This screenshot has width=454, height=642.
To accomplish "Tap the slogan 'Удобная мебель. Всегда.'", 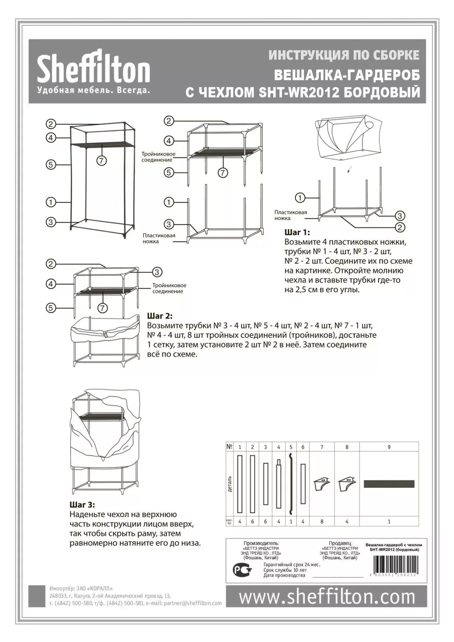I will click(94, 90).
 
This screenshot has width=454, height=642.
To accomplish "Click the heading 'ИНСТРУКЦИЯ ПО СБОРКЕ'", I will click(344, 55).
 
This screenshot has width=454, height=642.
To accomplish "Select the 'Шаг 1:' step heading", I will click(297, 233).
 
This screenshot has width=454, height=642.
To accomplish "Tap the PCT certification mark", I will click(242, 569).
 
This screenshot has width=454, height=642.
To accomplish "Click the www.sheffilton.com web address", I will click(327, 597).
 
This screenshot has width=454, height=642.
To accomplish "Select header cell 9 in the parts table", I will click(389, 447).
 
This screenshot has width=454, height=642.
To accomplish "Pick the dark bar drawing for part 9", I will click(389, 484).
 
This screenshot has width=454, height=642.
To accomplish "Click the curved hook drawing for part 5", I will click(290, 484).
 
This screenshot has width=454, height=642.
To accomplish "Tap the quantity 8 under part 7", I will click(322, 522).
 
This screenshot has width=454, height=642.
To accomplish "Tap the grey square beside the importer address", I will click(37, 596).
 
